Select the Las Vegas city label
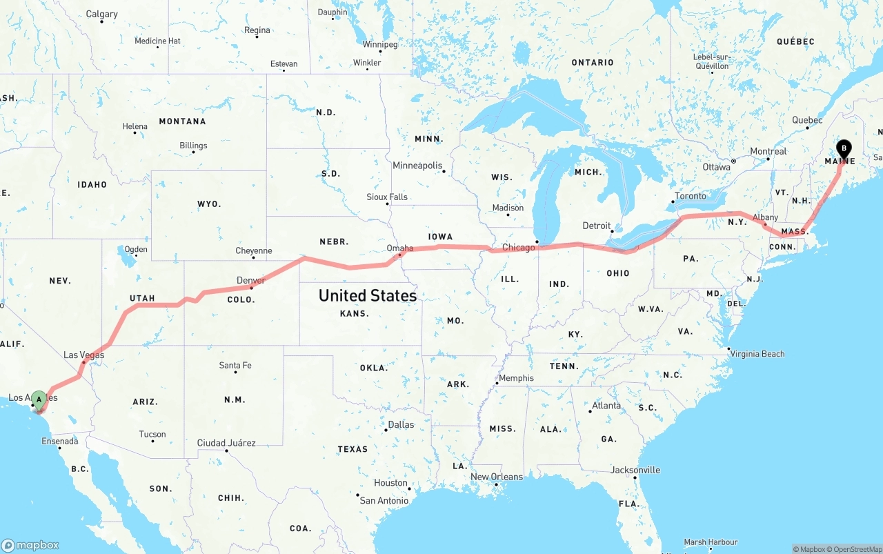click(83, 355)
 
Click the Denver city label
click(250, 280)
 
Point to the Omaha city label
click(400, 248)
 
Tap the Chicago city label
click(519, 247)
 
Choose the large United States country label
click(367, 296)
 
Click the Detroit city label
click(597, 226)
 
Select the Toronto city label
click(691, 196)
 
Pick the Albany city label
click(765, 217)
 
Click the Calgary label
click(101, 14)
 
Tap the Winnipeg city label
click(380, 44)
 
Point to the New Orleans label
click(497, 477)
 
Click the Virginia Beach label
click(758, 354)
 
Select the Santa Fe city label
click(235, 365)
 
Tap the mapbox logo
click(30, 545)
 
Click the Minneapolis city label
click(417, 166)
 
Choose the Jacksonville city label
click(635, 470)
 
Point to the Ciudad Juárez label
click(226, 443)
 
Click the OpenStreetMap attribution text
click(856, 549)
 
